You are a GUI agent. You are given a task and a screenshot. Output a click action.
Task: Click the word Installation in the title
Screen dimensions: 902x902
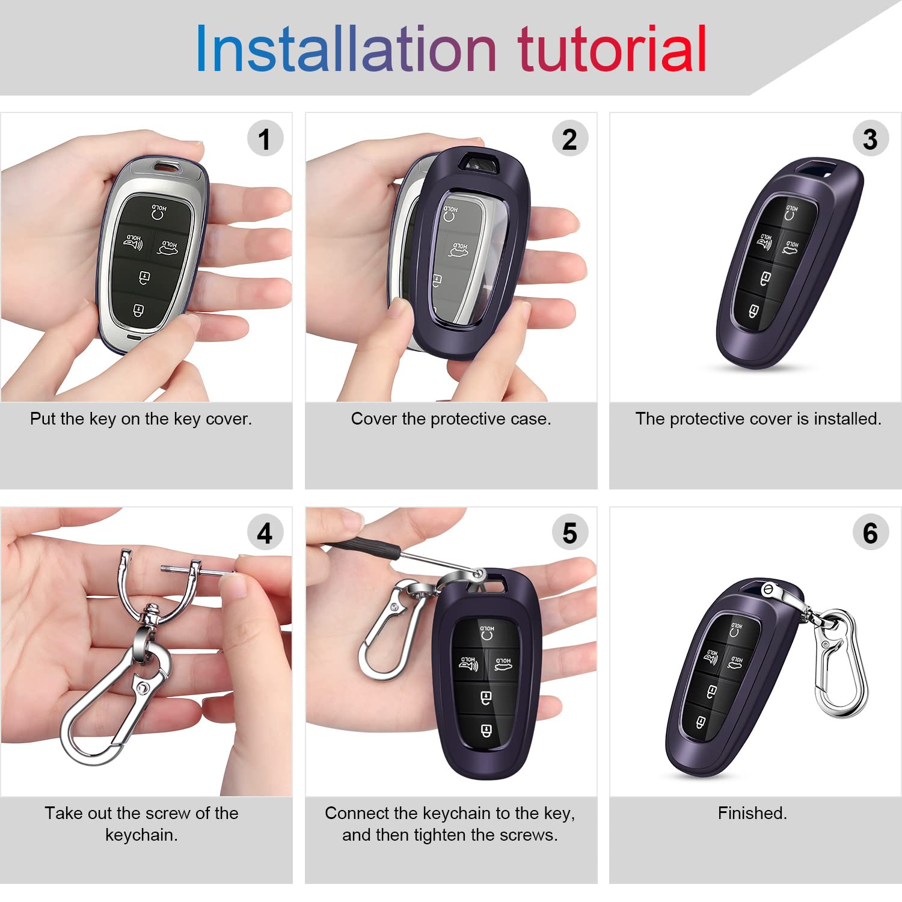pos(346,49)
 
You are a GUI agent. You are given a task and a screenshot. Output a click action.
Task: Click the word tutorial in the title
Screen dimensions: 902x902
pos(612,49)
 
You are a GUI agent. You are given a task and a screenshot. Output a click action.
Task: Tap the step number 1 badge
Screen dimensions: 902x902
pos(265,139)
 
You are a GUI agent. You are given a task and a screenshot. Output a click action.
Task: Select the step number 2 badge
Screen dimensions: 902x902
pos(569,139)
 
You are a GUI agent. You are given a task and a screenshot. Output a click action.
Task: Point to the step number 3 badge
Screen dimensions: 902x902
pos(870,139)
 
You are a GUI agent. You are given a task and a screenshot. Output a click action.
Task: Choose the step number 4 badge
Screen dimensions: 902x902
pos(265,533)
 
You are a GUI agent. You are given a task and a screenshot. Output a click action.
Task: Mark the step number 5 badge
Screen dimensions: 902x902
pos(569,533)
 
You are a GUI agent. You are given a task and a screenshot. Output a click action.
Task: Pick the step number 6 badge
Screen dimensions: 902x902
pos(870,533)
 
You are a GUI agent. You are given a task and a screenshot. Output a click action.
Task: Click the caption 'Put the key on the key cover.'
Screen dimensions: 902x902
pos(141,419)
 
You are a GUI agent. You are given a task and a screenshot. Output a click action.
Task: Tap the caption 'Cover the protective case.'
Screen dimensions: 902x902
pos(451,419)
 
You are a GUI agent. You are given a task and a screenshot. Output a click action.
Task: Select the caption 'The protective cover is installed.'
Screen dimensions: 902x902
pos(758,419)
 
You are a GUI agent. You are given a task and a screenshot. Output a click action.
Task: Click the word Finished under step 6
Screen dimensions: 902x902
pos(752,814)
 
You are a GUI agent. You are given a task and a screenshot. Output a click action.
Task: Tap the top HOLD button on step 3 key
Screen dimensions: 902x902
pos(791,212)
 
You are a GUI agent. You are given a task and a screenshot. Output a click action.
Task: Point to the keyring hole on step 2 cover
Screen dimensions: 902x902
pos(479,162)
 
